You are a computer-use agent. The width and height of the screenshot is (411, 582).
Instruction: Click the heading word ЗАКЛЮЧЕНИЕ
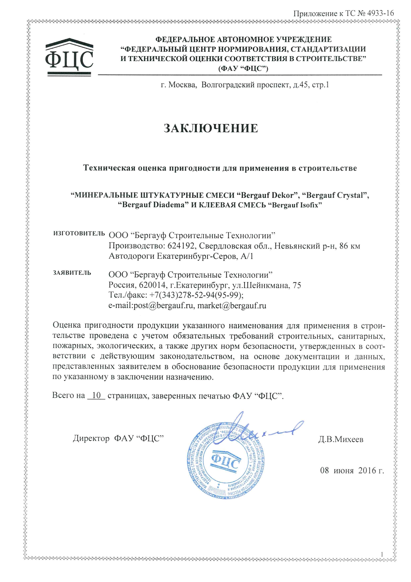211,128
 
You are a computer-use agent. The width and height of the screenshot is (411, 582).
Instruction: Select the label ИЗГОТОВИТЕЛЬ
79,233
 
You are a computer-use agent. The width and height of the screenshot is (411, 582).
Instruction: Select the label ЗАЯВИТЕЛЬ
72,273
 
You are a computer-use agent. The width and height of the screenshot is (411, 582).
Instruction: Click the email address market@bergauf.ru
232,306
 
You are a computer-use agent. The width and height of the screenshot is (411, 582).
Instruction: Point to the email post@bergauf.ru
163,306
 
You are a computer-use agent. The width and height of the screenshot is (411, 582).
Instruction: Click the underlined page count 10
96,396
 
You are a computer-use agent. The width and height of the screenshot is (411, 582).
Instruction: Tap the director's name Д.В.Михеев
341,440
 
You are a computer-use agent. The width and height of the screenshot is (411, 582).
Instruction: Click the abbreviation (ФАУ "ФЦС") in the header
243,69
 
